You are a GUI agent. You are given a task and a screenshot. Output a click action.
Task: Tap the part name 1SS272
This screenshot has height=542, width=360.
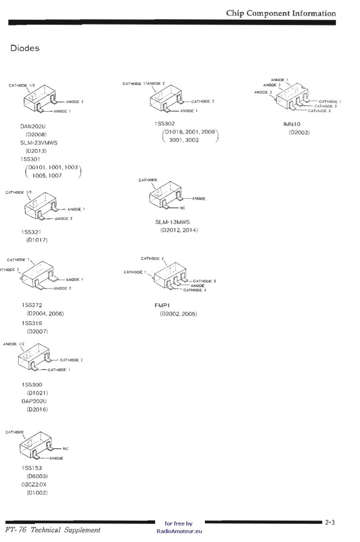coord(30,306)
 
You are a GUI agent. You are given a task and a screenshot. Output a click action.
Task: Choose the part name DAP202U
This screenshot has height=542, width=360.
coord(33,401)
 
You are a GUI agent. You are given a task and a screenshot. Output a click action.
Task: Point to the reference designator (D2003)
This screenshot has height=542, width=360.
coord(299,132)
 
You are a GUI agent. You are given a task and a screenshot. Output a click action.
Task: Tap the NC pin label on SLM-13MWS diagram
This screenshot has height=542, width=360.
coord(189,209)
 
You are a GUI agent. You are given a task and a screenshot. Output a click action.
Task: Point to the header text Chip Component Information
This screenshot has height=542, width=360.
coord(280,13)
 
